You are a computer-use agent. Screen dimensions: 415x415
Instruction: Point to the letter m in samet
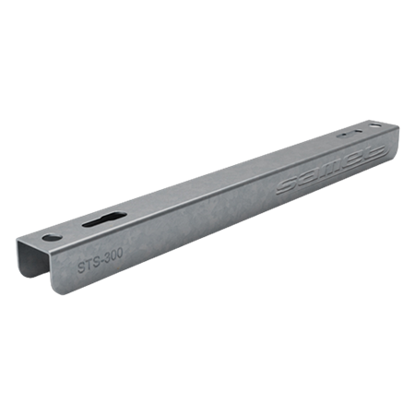pos(323,171)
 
